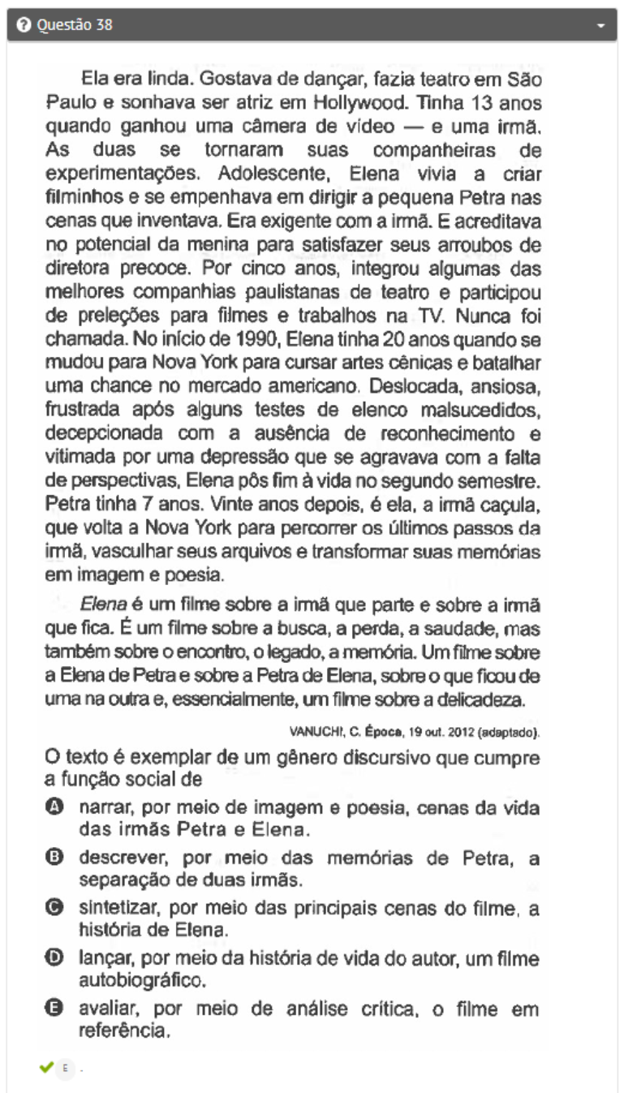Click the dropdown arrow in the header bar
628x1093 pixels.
pos(601,26)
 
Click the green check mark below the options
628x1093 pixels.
pos(45,1066)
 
